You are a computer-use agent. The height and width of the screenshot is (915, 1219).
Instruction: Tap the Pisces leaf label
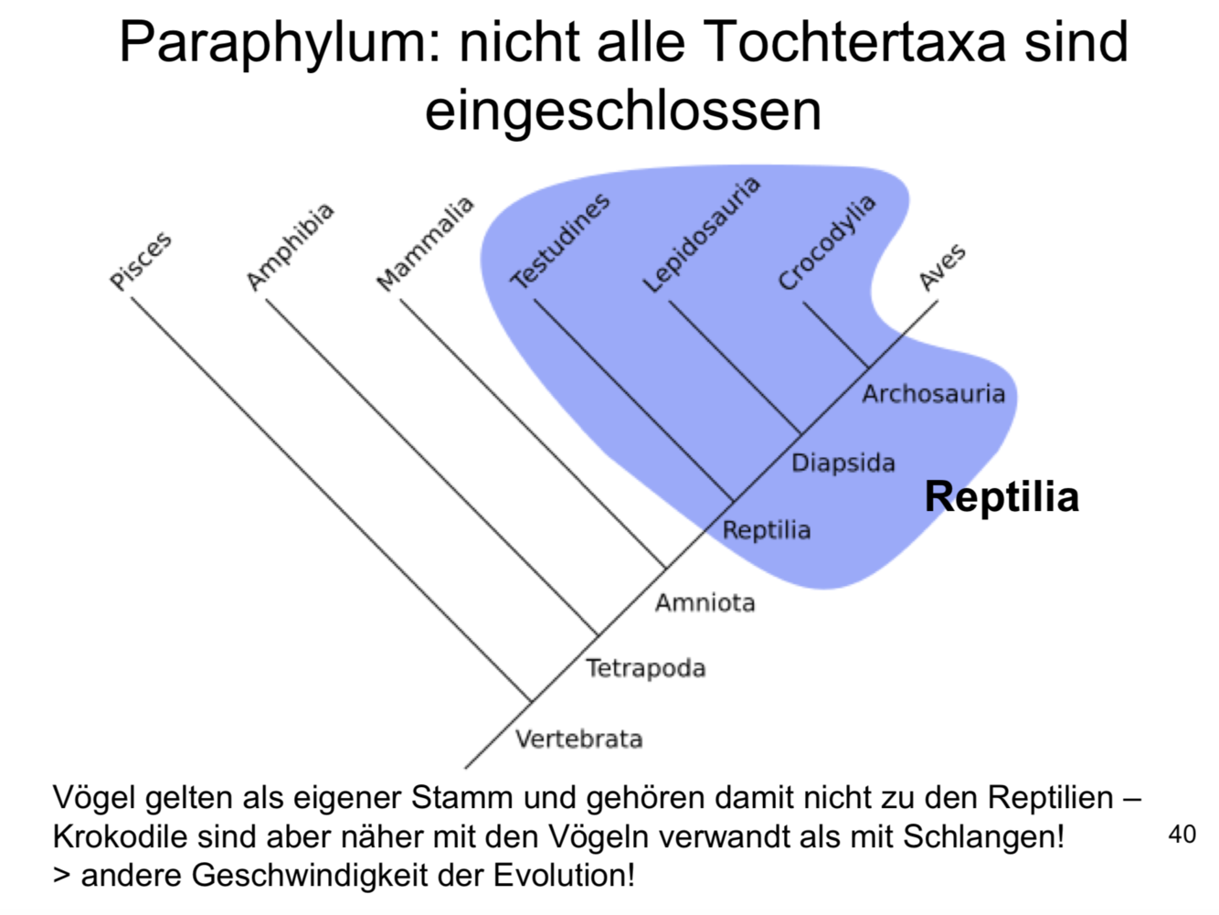click(141, 261)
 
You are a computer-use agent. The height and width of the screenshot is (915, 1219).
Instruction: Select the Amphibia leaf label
click(290, 247)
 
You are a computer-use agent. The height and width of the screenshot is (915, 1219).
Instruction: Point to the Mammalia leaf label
click(425, 244)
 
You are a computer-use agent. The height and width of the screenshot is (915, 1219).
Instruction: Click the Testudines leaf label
click(559, 241)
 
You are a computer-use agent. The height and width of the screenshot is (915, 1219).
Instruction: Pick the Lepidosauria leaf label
click(701, 235)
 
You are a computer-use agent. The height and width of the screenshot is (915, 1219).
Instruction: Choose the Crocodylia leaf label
click(826, 242)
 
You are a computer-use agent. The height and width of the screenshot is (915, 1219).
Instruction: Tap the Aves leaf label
click(942, 267)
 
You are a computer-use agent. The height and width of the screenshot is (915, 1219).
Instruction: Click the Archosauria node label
click(933, 394)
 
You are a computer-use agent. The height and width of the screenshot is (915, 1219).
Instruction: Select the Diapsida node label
click(843, 463)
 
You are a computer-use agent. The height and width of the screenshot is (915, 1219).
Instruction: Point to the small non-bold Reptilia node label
click(766, 530)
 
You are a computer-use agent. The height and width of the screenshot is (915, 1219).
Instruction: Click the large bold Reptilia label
click(1002, 497)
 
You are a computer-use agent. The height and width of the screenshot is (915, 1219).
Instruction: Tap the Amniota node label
click(705, 602)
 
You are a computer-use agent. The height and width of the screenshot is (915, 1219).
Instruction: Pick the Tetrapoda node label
click(645, 668)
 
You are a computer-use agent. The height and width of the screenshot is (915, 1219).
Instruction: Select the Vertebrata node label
click(578, 739)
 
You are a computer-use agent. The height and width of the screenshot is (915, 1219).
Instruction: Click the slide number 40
click(1182, 834)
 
